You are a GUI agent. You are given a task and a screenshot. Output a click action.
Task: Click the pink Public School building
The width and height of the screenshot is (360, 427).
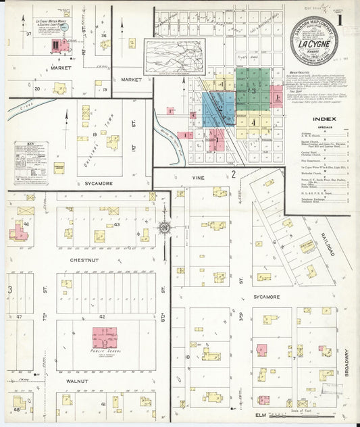pos(104,335)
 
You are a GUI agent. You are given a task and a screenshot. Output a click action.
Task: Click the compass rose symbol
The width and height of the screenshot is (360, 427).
pos(163,228)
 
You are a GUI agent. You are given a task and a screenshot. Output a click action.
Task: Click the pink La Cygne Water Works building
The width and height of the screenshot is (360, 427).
pos(57,45)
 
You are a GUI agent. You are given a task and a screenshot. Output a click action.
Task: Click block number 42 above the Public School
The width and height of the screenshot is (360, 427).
pos(103,316)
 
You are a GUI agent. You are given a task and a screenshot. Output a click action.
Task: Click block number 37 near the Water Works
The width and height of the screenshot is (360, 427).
pos(29,33)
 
